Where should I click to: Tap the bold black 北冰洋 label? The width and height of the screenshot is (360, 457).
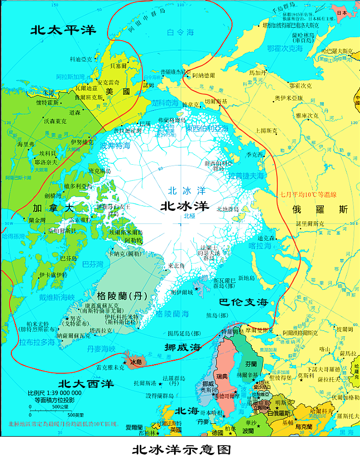(184, 206)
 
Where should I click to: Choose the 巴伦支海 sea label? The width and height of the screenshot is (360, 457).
(244, 302)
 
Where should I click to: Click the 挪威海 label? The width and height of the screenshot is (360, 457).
(182, 347)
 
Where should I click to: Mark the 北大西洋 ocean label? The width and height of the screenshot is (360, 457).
(86, 384)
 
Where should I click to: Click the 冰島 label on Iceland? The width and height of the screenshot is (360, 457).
(136, 363)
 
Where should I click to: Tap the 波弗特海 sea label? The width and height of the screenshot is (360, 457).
(115, 146)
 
